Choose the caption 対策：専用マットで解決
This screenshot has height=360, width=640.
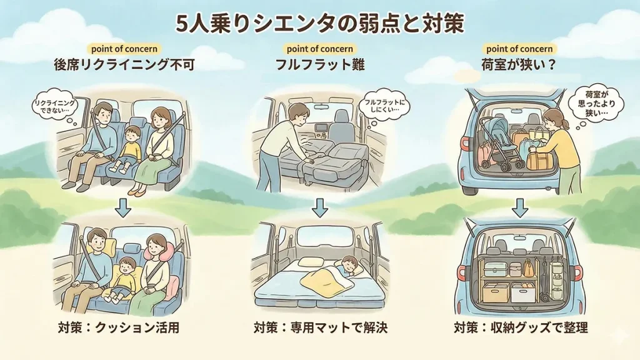[320, 327]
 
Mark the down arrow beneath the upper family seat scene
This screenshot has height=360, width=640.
[124, 207]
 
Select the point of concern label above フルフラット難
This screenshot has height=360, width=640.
[319, 49]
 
